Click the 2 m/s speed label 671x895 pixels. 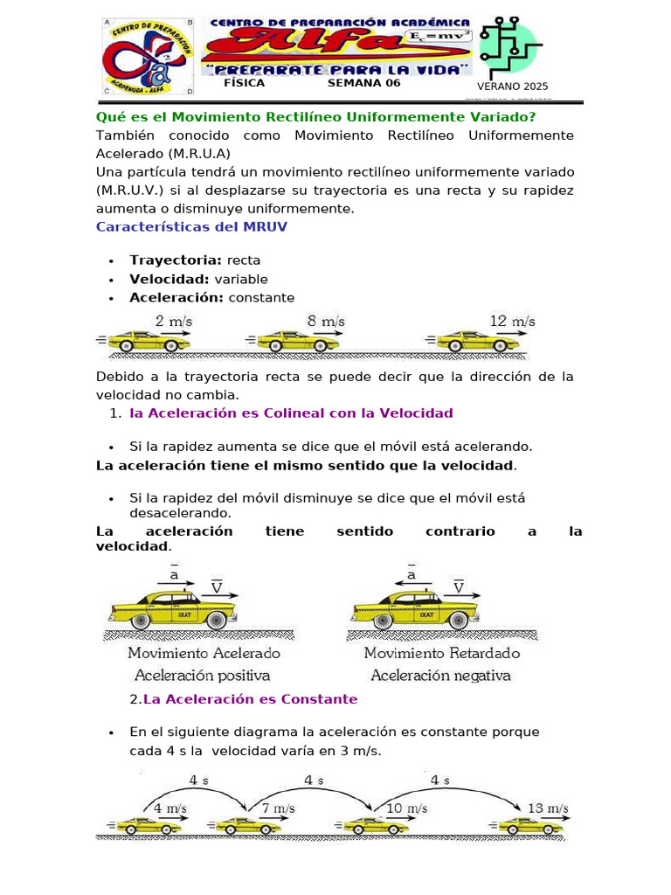pos(173,322)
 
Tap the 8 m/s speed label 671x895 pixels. pos(325,322)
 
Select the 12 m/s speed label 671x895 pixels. pos(512,322)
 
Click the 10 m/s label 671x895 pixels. pos(406,808)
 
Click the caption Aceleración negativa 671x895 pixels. pos(440,676)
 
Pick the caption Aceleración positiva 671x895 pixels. pos(202,676)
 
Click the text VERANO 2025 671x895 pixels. pos(512,87)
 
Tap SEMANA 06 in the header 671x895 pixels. pos(363,84)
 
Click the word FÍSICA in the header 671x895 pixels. pos(244,84)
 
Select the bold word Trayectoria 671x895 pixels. pos(176,260)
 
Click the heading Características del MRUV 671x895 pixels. pos(191,227)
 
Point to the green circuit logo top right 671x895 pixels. pos(511,45)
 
